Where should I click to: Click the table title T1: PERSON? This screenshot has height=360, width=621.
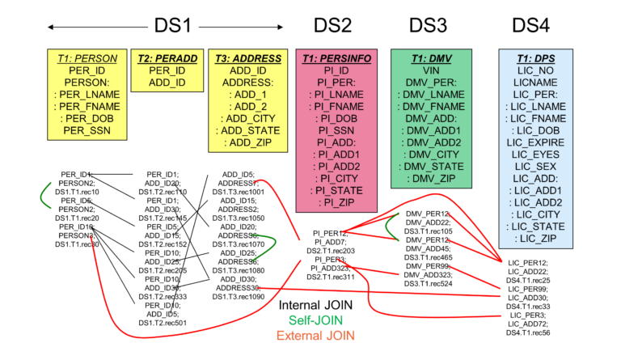coord(87,58)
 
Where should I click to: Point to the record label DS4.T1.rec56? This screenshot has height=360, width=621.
coord(528,332)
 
